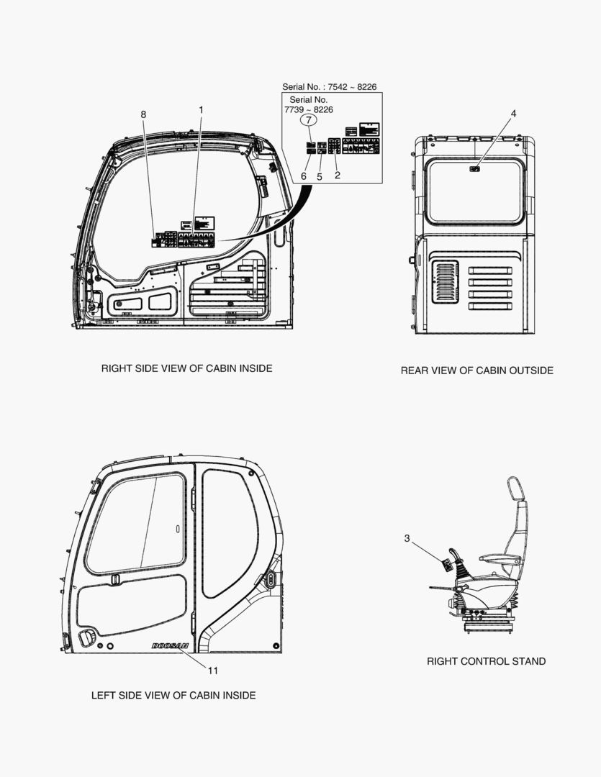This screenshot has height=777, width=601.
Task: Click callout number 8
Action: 143,114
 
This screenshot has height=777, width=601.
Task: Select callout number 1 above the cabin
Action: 201,109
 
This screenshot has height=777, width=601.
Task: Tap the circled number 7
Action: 307,120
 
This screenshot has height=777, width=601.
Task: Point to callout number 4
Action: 513,114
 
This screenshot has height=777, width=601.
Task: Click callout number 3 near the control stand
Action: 407,538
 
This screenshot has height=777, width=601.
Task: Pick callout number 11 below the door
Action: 213,671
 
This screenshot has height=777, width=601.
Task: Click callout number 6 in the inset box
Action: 304,175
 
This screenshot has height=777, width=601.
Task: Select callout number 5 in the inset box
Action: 320,175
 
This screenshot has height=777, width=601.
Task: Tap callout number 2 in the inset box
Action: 337,175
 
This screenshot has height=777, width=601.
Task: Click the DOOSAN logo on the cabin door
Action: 171,646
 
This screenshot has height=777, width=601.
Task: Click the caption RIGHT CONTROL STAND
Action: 486,661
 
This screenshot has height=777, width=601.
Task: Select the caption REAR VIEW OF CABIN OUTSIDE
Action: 476,371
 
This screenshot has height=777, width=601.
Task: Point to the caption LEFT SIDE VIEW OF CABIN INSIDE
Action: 173,695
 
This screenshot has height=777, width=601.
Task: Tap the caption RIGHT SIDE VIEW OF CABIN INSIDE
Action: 186,368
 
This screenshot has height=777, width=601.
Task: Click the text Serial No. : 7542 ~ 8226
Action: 330,87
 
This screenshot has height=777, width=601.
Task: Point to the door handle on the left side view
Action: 88,637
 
